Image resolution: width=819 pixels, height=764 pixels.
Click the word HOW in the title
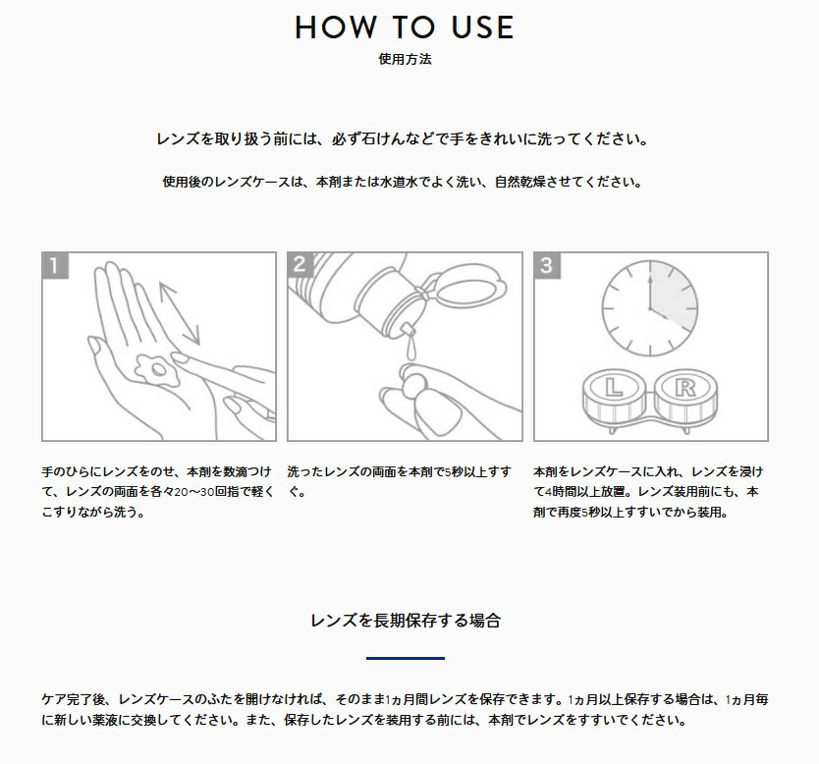tap(335, 27)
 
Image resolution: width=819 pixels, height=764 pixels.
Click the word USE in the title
tap(482, 27)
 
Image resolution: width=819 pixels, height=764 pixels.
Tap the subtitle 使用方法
tap(405, 59)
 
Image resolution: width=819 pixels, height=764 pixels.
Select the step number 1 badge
tap(55, 265)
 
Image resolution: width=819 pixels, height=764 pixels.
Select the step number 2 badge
tap(300, 264)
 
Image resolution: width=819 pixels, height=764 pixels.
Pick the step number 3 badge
tap(547, 265)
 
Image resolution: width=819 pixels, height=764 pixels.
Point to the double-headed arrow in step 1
tap(179, 313)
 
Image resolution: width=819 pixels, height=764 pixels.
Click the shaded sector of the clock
tap(674, 296)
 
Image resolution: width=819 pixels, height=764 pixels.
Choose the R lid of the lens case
tap(685, 388)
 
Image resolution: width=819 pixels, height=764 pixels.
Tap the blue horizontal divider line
tap(406, 658)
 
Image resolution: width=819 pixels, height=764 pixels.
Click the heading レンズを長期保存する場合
tap(406, 621)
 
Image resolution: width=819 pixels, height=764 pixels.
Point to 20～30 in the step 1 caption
tap(194, 491)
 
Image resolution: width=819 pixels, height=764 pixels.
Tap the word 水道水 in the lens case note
tap(399, 182)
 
